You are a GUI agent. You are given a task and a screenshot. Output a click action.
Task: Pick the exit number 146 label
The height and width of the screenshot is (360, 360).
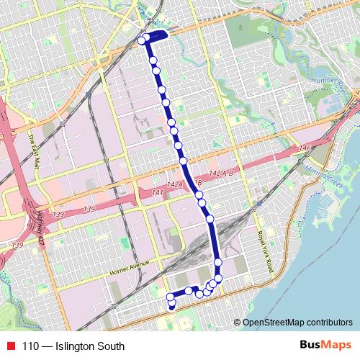tap(304, 148)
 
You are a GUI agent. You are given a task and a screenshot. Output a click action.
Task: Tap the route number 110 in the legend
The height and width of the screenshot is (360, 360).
tap(30, 346)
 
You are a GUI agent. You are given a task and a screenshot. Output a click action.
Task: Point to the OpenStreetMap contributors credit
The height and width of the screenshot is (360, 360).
tap(297, 323)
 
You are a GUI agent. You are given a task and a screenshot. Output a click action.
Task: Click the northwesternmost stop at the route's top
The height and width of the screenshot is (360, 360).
tap(142, 41)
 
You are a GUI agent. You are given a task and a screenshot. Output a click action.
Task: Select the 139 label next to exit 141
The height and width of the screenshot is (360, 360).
tap(89, 209)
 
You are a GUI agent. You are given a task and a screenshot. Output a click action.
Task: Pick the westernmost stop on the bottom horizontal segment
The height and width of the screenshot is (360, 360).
tap(171, 296)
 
